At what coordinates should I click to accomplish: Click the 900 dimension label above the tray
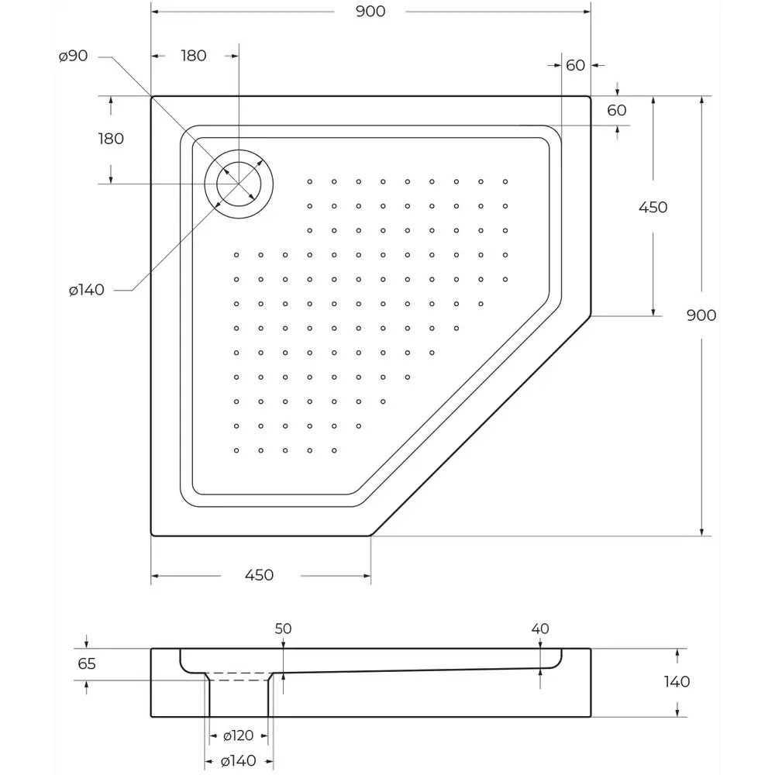[370, 11]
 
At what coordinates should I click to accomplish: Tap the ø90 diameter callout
[74, 56]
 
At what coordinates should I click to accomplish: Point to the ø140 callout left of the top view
[86, 290]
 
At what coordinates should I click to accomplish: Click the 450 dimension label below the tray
[259, 575]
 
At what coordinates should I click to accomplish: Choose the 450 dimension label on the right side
[653, 207]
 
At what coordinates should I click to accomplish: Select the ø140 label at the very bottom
[239, 761]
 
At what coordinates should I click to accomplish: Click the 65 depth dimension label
[88, 664]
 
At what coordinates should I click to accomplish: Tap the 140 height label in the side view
[677, 682]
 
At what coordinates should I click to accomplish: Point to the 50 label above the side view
[283, 629]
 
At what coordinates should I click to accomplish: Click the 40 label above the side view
[540, 629]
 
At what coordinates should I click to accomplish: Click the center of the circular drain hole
[239, 184]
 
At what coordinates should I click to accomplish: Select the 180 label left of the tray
[111, 139]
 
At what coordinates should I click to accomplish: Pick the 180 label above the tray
[193, 56]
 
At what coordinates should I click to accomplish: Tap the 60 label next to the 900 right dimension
[616, 110]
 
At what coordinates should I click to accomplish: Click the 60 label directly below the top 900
[575, 66]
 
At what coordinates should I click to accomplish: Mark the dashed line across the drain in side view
[239, 673]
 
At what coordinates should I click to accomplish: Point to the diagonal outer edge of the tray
[480, 425]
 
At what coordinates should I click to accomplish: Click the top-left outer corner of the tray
[152, 98]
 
